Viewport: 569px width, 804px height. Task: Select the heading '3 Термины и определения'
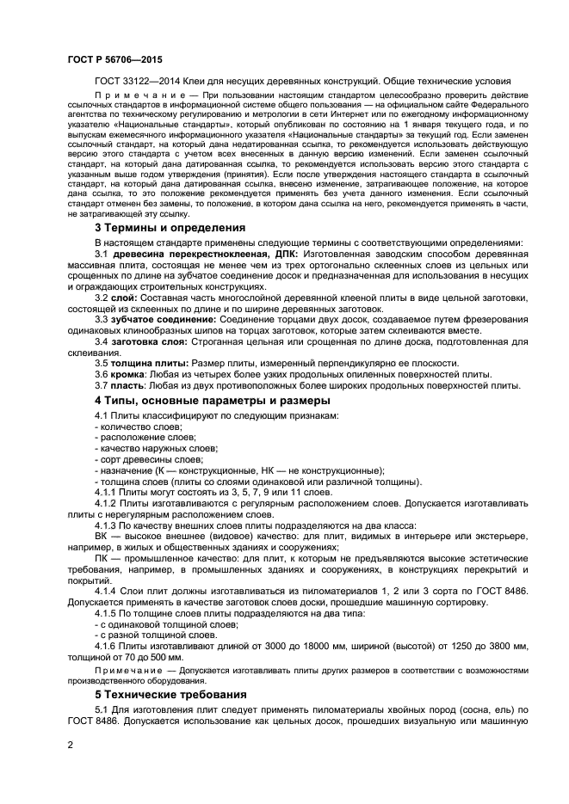pos(170,228)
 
